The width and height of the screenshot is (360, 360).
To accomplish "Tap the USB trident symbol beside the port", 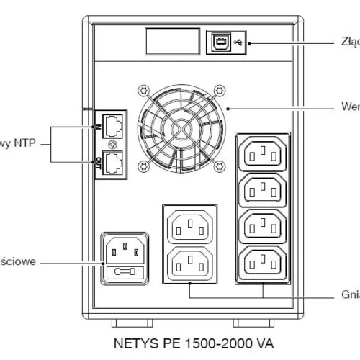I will (x=239, y=42).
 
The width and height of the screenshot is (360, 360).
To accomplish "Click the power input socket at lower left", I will (x=125, y=249).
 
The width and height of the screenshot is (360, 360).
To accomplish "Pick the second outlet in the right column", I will (x=263, y=189).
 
